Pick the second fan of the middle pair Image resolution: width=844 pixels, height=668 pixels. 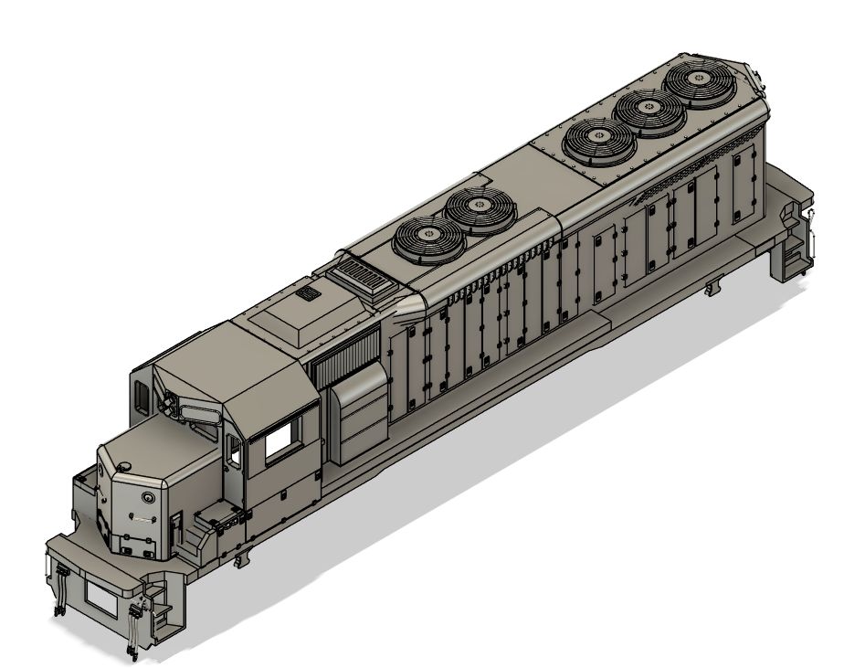click(480, 211)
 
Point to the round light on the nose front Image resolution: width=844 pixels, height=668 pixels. click(146, 498)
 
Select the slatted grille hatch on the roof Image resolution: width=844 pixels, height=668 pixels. click(359, 275)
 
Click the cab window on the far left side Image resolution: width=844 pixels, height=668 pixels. click(142, 396)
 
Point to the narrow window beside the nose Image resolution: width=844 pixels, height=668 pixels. click(235, 452)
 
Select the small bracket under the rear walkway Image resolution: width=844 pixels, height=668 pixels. click(711, 290)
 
